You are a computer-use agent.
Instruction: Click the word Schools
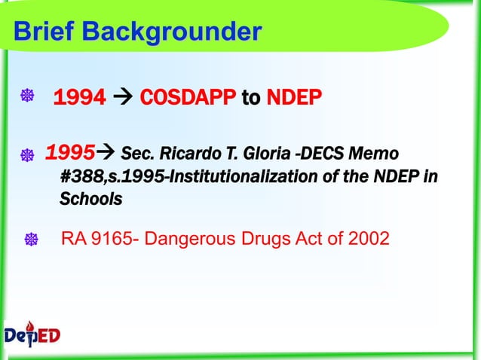click(90, 200)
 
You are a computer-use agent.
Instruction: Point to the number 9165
click(113, 239)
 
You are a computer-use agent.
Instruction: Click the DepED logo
click(32, 334)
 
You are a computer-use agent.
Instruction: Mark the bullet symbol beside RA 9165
click(32, 240)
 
